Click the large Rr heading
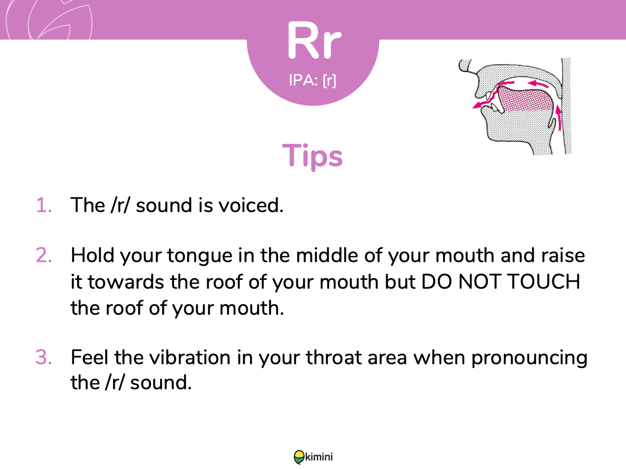click(x=314, y=40)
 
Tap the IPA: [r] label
click(x=312, y=81)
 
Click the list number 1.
click(x=44, y=205)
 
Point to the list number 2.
click(x=44, y=255)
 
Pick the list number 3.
click(x=44, y=357)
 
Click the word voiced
click(x=251, y=205)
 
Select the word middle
click(x=327, y=255)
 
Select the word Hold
click(x=93, y=255)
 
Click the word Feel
click(x=89, y=357)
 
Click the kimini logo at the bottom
click(x=313, y=457)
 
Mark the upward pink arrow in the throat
click(x=558, y=118)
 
